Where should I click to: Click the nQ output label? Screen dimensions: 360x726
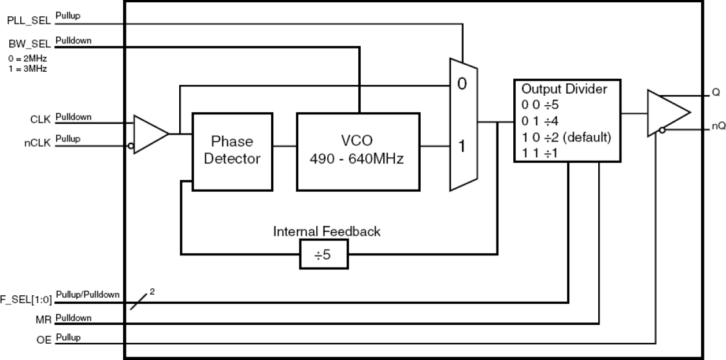click(718, 127)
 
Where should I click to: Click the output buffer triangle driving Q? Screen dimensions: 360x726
click(668, 113)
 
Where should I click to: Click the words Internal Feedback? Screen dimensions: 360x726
click(327, 232)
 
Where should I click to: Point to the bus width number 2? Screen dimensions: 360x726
click(152, 292)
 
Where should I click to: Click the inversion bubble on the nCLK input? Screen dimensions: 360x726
click(131, 147)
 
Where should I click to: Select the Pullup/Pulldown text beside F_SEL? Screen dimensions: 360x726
click(88, 295)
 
